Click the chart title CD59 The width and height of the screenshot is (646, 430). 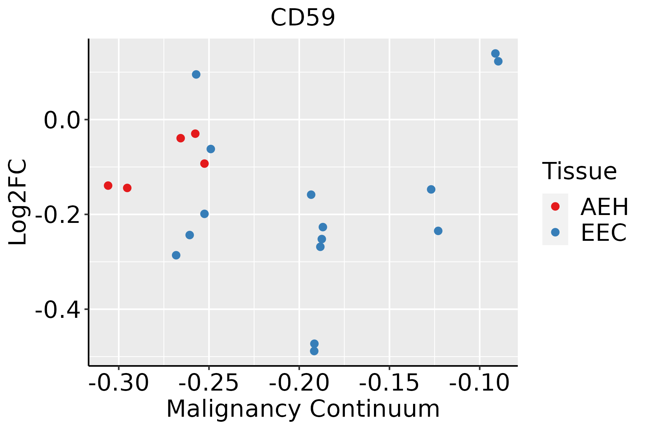coord(303,18)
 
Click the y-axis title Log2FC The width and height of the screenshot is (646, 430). coord(18,202)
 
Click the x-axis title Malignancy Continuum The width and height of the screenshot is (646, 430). coord(303,409)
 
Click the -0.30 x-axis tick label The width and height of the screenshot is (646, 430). coord(119,383)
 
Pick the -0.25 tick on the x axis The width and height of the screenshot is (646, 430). coord(209,383)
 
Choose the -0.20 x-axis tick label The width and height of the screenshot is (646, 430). coord(299,383)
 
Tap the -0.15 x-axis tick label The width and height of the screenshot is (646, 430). coord(389,383)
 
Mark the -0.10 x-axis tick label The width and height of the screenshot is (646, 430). coord(479,383)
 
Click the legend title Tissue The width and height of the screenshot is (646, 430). coord(579,171)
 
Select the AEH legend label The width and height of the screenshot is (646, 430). coord(604,207)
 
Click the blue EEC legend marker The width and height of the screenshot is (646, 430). coord(555,232)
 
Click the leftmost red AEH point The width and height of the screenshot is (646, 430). coord(108,186)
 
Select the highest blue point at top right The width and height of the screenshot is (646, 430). coord(495,53)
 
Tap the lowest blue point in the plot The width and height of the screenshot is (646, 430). coord(314,351)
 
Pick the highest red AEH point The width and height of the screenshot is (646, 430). coord(195,134)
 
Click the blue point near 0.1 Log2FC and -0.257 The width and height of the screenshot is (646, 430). coord(196,75)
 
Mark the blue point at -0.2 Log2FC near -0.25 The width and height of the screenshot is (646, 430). coord(205,214)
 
